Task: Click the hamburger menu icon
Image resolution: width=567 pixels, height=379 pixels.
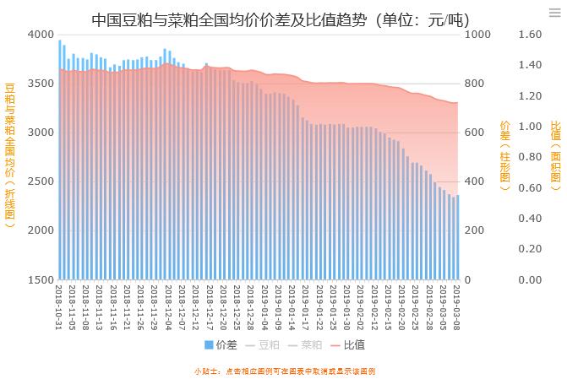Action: [x=554, y=13]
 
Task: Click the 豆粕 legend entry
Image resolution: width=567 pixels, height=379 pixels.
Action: [x=265, y=344]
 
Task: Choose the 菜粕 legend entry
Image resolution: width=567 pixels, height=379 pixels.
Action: [x=307, y=344]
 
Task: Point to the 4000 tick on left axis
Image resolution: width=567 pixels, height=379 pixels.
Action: [x=39, y=35]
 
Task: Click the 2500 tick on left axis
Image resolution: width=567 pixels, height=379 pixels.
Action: [x=39, y=181]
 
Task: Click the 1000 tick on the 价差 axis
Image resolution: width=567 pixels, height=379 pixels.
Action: [x=477, y=35]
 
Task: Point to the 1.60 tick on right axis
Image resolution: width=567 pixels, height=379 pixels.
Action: [x=530, y=35]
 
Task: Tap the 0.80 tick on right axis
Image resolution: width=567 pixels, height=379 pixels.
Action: [x=530, y=157]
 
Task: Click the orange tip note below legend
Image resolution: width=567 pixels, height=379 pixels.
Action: [x=284, y=371]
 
